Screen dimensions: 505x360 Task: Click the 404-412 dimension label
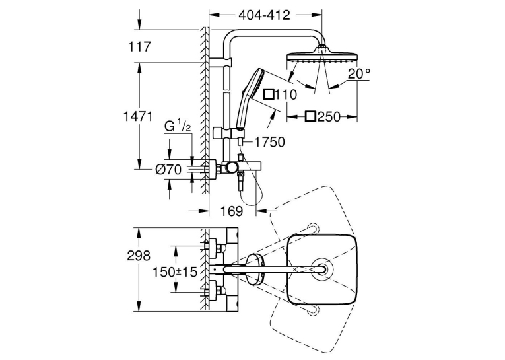point(265,15)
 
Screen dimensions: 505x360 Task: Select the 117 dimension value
point(139,47)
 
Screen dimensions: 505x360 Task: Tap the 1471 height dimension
point(138,116)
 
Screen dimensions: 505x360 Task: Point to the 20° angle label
point(359,74)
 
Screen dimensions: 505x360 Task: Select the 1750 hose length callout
point(269,142)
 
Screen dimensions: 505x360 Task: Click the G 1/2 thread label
point(178,126)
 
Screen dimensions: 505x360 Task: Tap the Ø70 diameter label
point(168,169)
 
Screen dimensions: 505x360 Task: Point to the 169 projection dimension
point(232,211)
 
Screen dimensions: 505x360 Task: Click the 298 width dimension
point(139,256)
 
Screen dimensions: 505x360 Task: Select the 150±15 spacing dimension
point(174,272)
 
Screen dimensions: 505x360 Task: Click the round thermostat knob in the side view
point(231,168)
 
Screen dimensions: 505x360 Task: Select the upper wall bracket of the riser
point(220,63)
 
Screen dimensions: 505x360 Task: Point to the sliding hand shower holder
point(227,133)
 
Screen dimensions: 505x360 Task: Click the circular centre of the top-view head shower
point(321,269)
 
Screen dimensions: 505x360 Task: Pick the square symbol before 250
point(310,116)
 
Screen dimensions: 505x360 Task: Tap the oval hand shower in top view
point(255,270)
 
